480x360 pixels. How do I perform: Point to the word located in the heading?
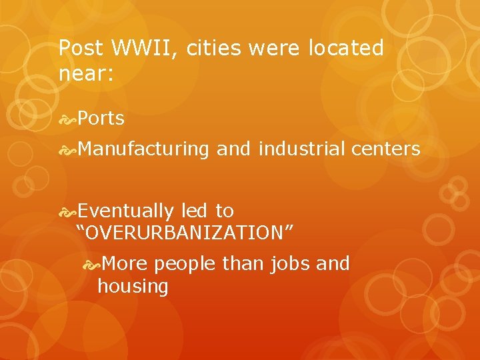(347, 48)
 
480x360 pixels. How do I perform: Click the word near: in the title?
(87, 73)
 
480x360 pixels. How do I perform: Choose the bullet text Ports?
(101, 119)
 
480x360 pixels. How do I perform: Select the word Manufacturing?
(143, 149)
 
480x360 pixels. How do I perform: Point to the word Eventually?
(125, 211)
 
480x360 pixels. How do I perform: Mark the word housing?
(133, 287)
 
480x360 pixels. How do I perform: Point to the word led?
(194, 211)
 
